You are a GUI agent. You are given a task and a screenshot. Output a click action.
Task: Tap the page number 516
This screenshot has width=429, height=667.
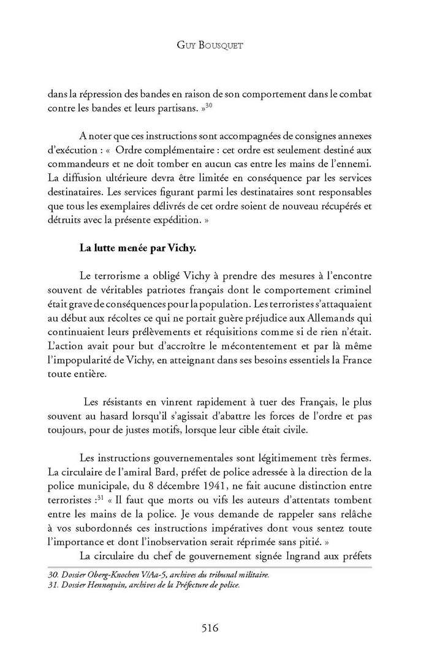point(214,627)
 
